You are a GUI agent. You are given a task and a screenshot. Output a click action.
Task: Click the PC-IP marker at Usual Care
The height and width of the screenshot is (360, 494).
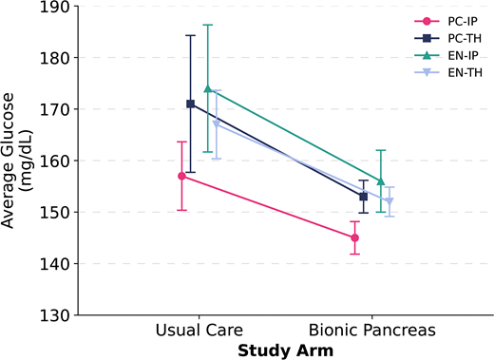click(181, 176)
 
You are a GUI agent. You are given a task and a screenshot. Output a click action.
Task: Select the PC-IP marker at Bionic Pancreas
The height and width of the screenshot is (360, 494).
click(354, 237)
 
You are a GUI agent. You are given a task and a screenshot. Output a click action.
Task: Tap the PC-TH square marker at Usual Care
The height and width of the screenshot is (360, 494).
click(190, 104)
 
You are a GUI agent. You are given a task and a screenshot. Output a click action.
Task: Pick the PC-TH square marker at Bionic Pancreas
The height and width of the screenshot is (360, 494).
click(363, 197)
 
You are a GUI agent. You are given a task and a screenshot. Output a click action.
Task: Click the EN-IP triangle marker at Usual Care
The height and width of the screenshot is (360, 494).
click(207, 88)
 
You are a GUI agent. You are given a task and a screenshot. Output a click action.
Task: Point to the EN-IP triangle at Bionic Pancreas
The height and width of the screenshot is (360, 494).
click(380, 180)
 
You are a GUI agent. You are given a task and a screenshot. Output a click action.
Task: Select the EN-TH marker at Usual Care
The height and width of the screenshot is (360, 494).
click(216, 124)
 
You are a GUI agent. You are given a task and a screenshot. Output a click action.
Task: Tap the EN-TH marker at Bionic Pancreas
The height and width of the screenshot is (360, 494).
click(389, 201)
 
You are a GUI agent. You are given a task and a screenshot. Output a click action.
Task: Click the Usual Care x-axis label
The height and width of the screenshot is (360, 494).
click(199, 331)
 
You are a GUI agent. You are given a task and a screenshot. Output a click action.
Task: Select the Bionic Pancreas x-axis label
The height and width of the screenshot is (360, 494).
click(371, 331)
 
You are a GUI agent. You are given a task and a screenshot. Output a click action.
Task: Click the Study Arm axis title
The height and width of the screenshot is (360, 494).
click(285, 350)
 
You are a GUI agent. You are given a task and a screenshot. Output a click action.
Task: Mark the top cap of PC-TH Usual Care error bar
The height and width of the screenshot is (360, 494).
click(190, 35)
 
